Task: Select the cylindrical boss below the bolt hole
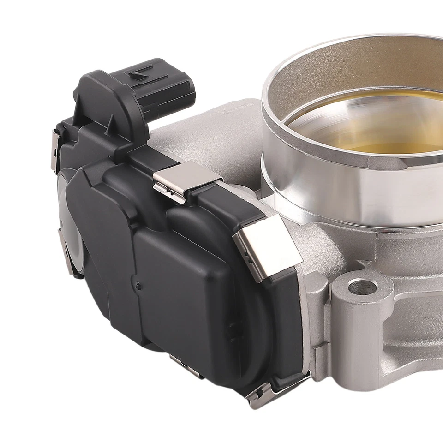click(x=355, y=332)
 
